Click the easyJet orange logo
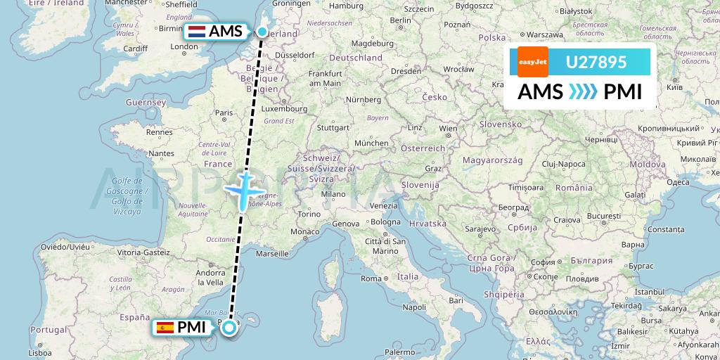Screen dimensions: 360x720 tap(532, 62)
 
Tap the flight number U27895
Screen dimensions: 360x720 tap(596, 62)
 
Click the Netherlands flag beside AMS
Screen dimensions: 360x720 tap(196, 32)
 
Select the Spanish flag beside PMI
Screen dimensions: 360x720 tap(165, 327)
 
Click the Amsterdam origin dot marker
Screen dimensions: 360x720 tap(262, 32)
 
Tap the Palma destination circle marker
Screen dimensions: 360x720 tap(228, 327)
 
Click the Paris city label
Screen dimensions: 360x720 tap(224, 112)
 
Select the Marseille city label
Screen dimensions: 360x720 tap(274, 253)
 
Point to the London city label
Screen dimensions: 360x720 tap(184, 47)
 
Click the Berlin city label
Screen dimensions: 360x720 tap(399, 20)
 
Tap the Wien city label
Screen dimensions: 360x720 tap(448, 129)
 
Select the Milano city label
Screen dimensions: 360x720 tap(334, 194)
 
